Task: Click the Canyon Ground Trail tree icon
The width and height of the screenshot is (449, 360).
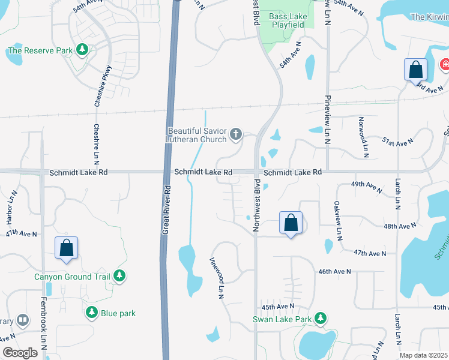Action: point(120,276)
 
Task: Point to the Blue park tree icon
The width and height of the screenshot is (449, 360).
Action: point(92,313)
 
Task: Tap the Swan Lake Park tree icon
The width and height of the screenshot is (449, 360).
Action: point(321,318)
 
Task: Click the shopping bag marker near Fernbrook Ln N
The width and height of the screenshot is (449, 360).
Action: point(66,247)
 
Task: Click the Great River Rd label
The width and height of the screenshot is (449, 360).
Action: point(167,210)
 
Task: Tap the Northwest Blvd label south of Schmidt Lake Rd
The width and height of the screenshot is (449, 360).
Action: point(256,204)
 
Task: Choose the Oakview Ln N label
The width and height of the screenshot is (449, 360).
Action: point(338,219)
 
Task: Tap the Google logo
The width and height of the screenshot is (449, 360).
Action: point(20,353)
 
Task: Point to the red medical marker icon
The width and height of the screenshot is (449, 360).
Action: point(445,64)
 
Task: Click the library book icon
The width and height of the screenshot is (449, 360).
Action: point(23,321)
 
